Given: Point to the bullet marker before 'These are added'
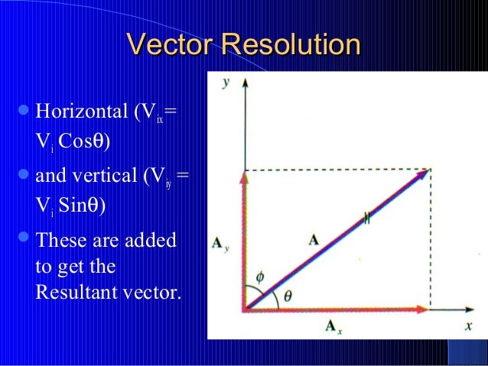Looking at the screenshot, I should pyautogui.click(x=22, y=241).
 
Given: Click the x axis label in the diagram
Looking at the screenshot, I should pyautogui.click(x=469, y=325).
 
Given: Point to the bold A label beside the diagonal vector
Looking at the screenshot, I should pyautogui.click(x=314, y=239).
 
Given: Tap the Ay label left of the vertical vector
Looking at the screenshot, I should pyautogui.click(x=220, y=245).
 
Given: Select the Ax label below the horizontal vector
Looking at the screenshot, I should pyautogui.click(x=333, y=328).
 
